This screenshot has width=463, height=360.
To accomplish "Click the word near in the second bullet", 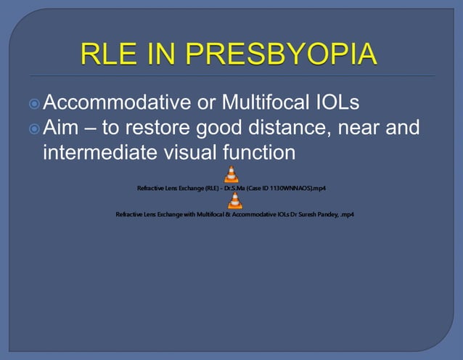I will coord(363,129).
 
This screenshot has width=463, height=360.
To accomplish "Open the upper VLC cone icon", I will coord(231,175).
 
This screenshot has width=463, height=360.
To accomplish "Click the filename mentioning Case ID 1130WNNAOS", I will coord(231,189).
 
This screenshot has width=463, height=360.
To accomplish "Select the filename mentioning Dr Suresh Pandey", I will coord(234,215).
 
